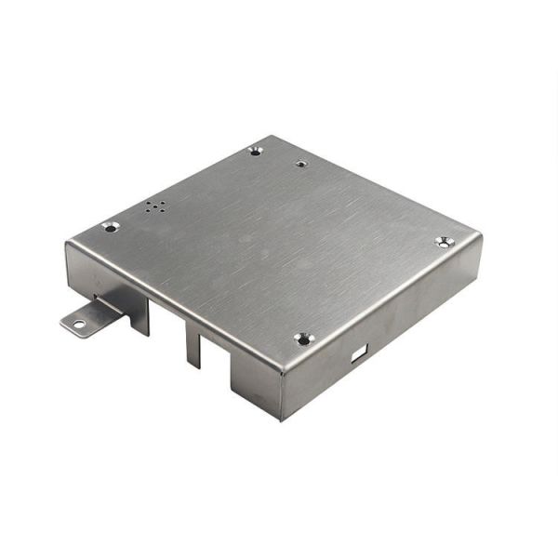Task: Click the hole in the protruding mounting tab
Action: [78, 324]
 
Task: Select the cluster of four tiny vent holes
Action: [155, 206]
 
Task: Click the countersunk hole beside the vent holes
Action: [111, 226]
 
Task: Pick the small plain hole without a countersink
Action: [301, 164]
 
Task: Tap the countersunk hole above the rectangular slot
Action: [304, 339]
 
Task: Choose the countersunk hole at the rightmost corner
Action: [444, 242]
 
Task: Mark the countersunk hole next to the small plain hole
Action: [256, 151]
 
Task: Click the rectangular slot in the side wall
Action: [359, 352]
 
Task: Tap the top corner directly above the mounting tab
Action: [68, 244]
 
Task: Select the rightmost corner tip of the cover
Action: [481, 235]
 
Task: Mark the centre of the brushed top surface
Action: [274, 246]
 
